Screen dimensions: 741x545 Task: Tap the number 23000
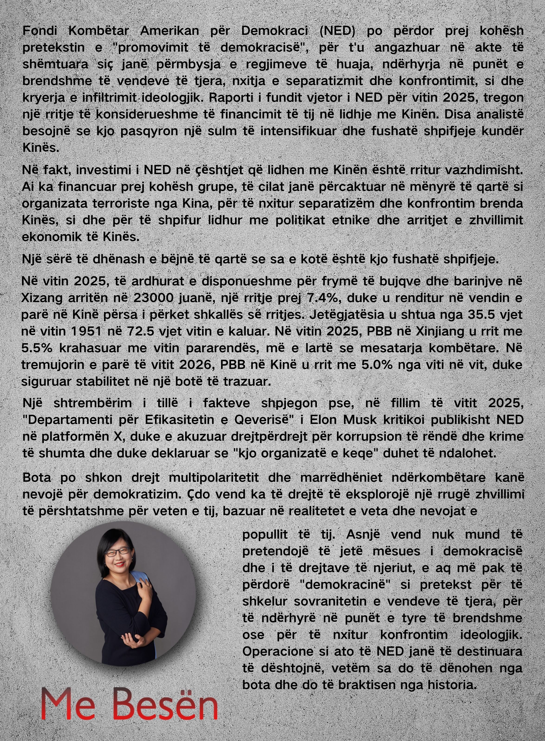point(148,298)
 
